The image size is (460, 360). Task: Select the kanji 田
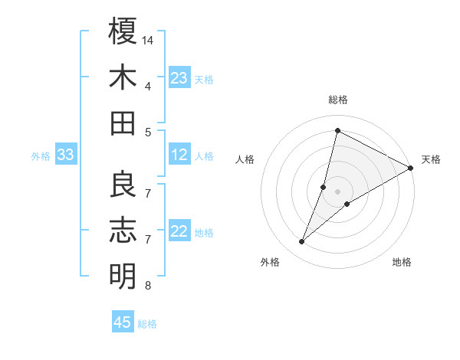coord(123,123)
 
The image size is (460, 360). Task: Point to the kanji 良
coord(123,184)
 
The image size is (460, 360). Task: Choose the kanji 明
coord(123,276)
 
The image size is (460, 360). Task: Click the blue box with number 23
coord(179,78)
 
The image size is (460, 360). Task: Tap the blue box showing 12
coord(179,155)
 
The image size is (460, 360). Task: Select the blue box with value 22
coord(179,232)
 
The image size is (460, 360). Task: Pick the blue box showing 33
coord(65,155)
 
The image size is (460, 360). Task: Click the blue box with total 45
coord(123,322)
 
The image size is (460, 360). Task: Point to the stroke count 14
coord(149,39)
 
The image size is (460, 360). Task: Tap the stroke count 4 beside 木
coord(148,86)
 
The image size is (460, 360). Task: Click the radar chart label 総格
coord(337,100)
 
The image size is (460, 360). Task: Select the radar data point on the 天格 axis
coord(410,169)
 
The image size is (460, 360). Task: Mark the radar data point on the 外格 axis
coord(302,242)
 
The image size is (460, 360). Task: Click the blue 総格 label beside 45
coord(147,324)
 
